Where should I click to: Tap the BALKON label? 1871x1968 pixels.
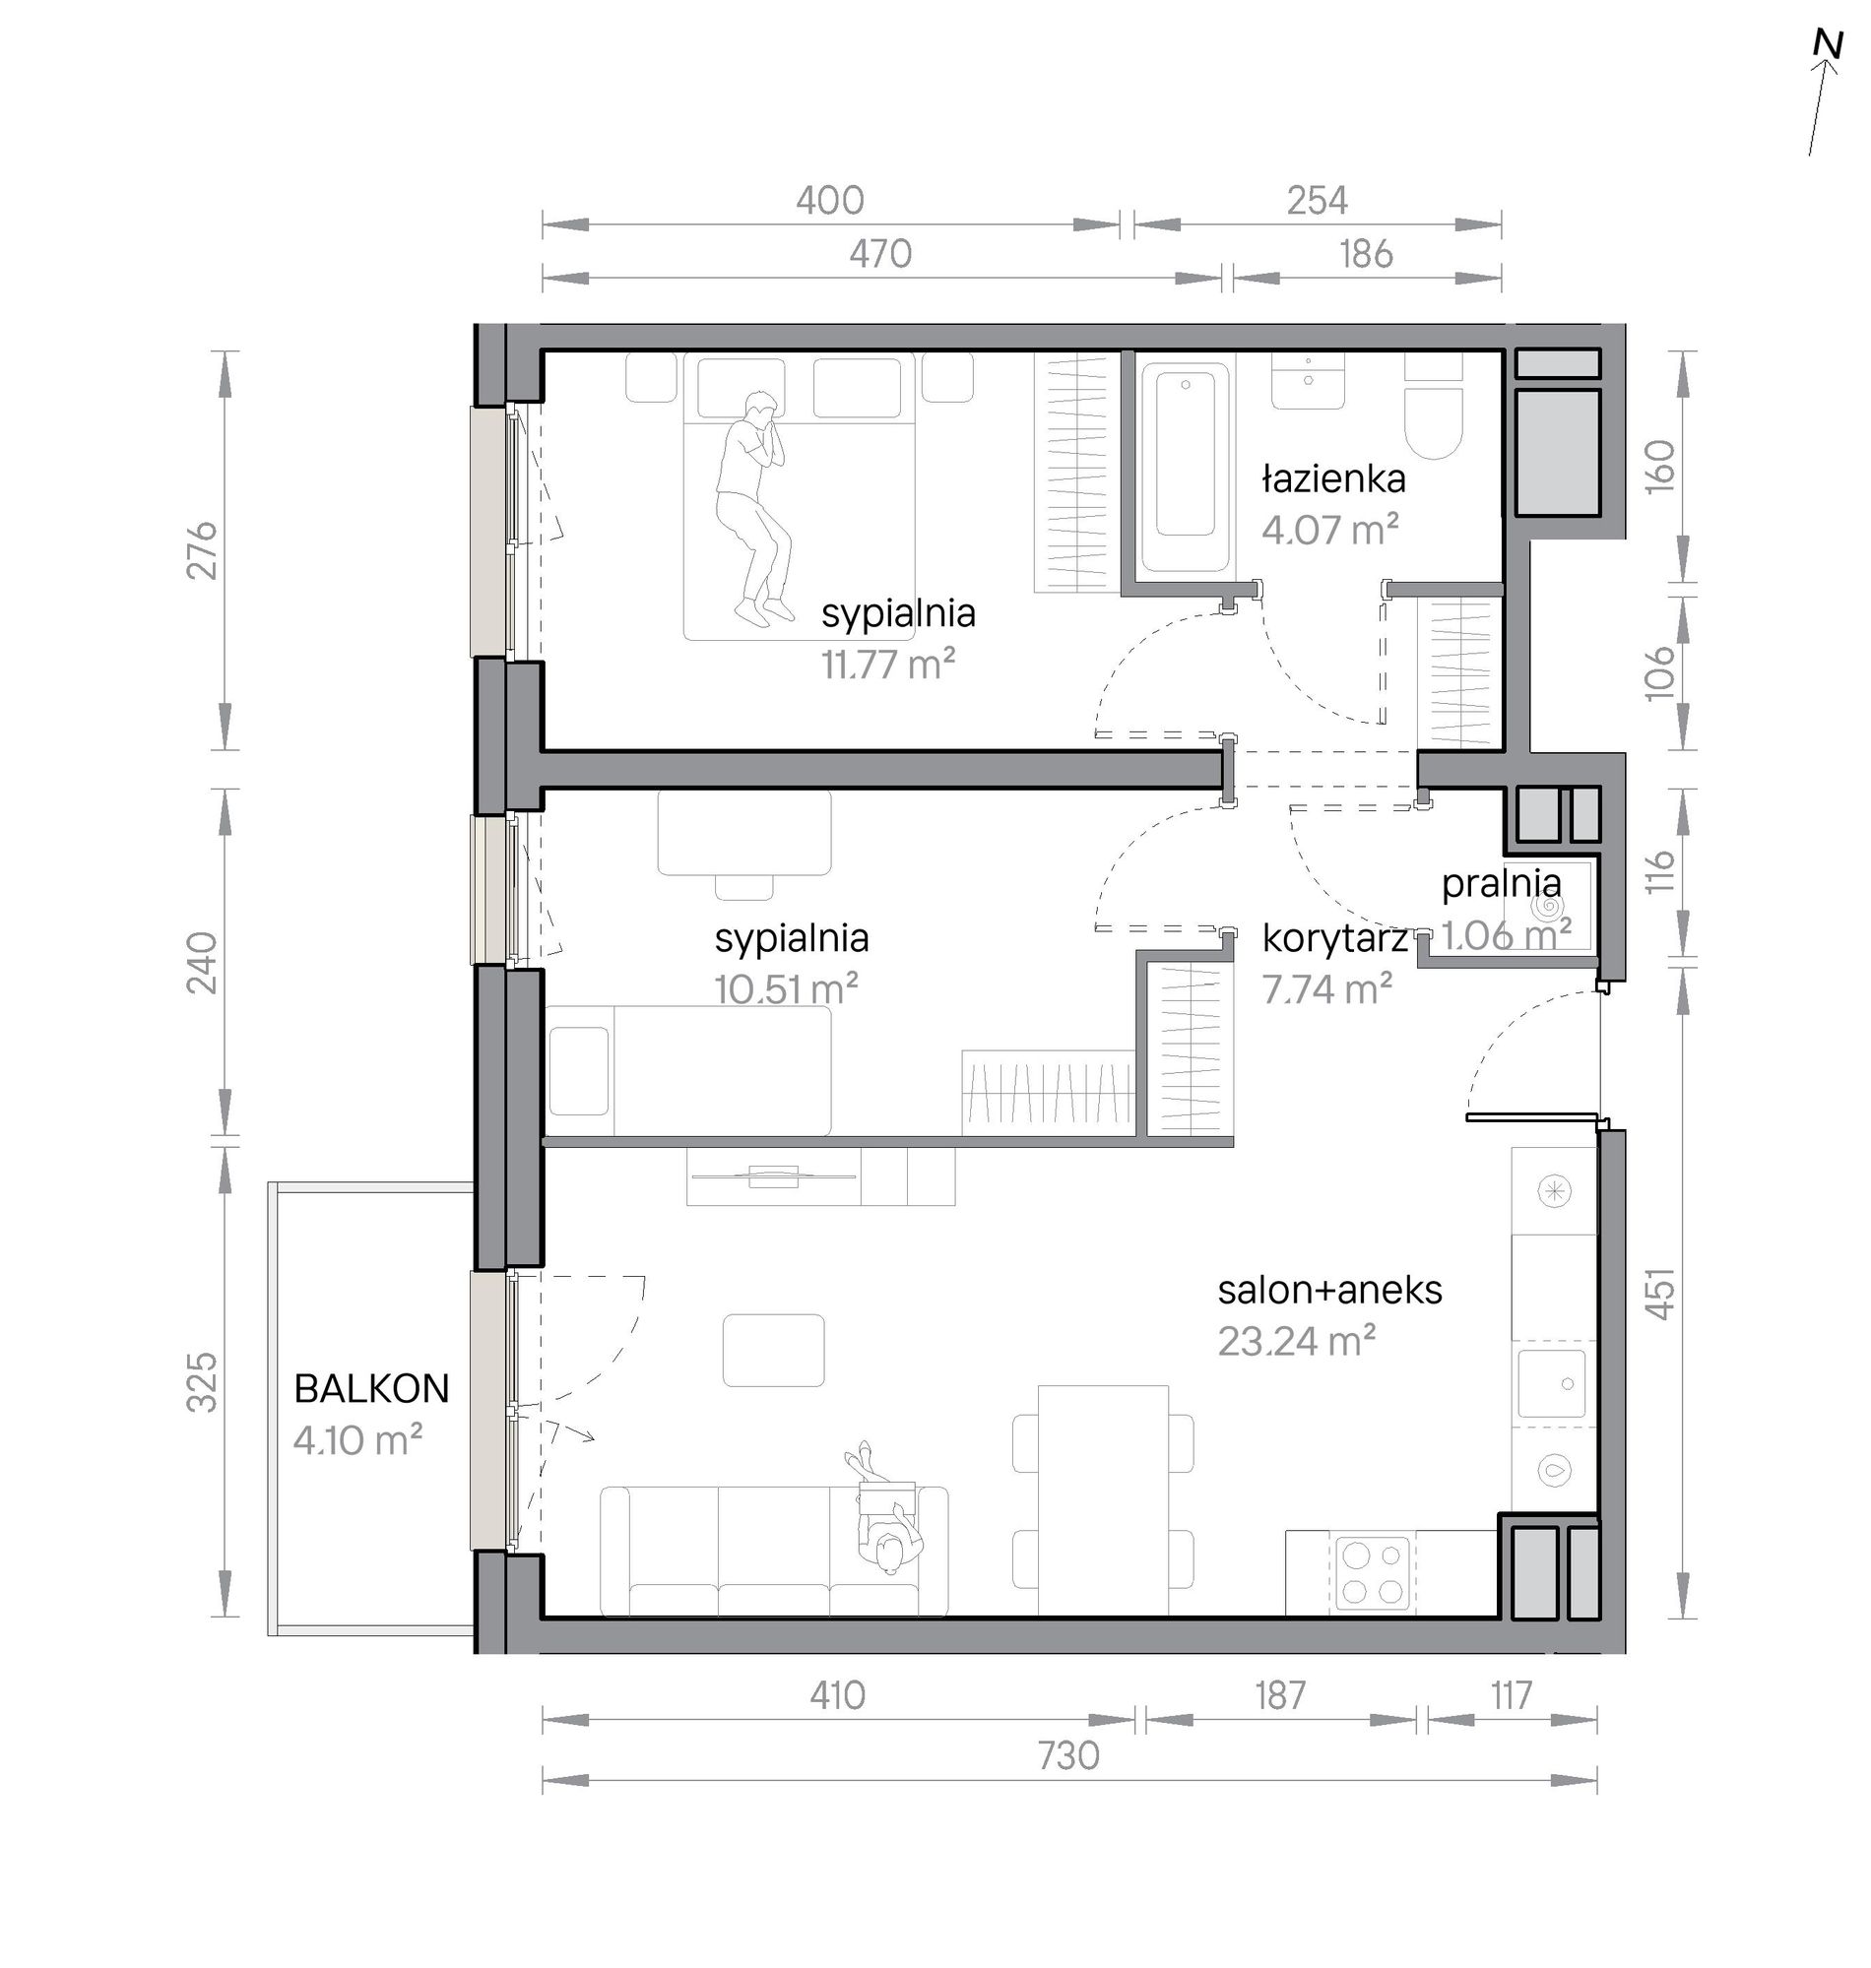pyautogui.click(x=371, y=1389)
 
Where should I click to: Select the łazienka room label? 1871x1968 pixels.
pyautogui.click(x=1333, y=479)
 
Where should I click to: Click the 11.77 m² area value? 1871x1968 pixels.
pyautogui.click(x=888, y=663)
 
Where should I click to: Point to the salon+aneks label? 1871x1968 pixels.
pyautogui.click(x=1329, y=1291)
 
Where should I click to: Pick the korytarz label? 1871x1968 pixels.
pyautogui.click(x=1335, y=938)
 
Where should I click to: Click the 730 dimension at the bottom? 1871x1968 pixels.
pyautogui.click(x=1069, y=1754)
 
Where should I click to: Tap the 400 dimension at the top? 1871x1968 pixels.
pyautogui.click(x=830, y=202)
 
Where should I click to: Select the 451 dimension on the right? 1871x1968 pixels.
pyautogui.click(x=1659, y=1294)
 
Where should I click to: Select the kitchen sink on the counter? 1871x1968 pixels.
pyautogui.click(x=1552, y=1384)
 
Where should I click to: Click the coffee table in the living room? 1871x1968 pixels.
pyautogui.click(x=774, y=1351)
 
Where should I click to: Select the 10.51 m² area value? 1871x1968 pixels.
pyautogui.click(x=786, y=989)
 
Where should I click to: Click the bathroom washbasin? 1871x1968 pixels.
pyautogui.click(x=1309, y=381)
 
